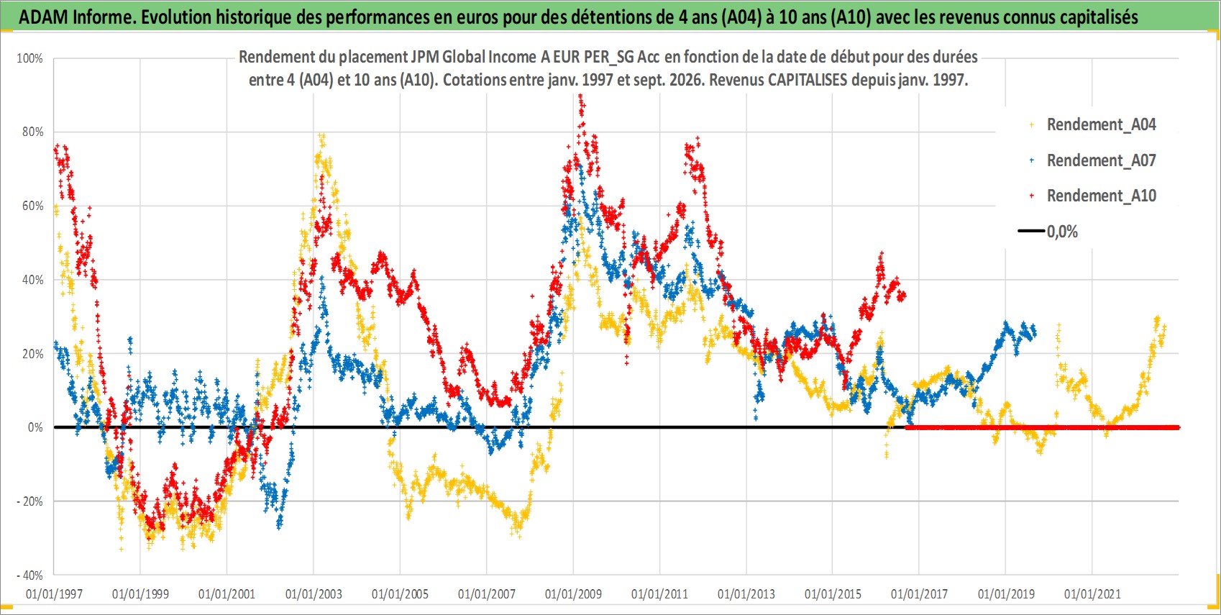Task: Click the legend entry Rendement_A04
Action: (1101, 125)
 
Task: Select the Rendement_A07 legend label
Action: (1101, 160)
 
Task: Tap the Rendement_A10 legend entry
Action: (1101, 196)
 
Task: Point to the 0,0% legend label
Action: (1062, 232)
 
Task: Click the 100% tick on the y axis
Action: (30, 58)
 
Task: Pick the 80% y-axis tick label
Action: (32, 132)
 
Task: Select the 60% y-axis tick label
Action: (32, 206)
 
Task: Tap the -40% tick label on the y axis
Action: (30, 575)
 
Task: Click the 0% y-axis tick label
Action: (35, 427)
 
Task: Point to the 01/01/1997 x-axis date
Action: (54, 594)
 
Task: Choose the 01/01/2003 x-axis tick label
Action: (314, 594)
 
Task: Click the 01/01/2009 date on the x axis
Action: (573, 594)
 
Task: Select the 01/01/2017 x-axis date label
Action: (920, 594)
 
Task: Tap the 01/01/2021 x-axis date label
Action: (1092, 594)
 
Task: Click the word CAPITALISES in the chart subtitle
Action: (808, 80)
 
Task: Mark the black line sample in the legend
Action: (1031, 231)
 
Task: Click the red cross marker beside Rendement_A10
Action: (1031, 196)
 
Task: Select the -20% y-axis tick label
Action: (30, 501)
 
